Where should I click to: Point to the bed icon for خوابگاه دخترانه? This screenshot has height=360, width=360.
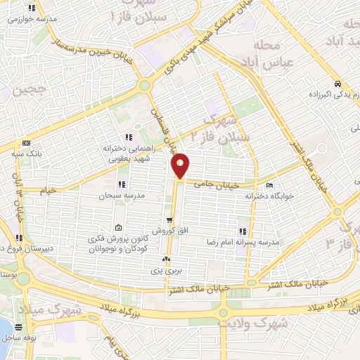tap(271, 185)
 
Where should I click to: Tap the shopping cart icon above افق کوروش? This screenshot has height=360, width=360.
tap(169, 220)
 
